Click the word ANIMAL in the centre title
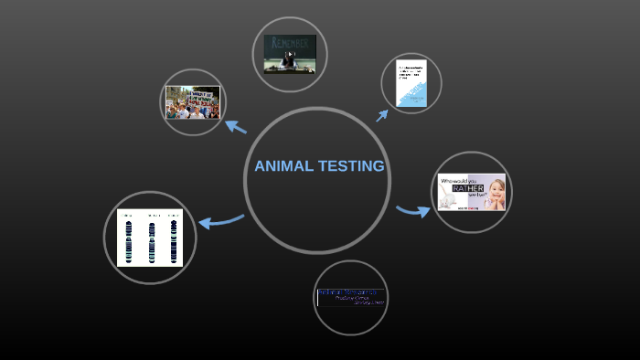click(x=283, y=166)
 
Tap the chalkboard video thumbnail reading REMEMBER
click(x=290, y=55)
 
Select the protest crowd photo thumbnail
click(x=192, y=102)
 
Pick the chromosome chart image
click(x=150, y=237)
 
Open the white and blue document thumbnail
click(x=411, y=83)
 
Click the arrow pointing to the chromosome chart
click(x=219, y=220)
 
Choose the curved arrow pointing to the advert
click(x=413, y=212)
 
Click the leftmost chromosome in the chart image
click(x=129, y=239)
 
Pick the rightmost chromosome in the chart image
click(x=172, y=239)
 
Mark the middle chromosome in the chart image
click(x=151, y=239)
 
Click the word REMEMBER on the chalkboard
click(x=290, y=42)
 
